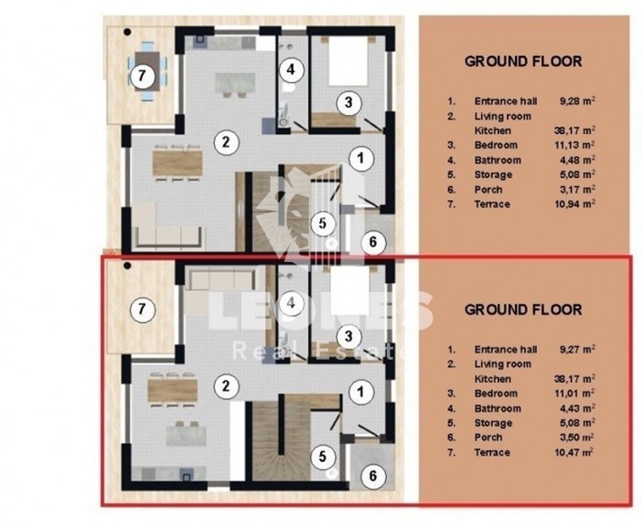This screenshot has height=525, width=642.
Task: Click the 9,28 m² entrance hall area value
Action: [x=577, y=101]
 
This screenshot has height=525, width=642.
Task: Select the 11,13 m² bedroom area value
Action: [x=575, y=145]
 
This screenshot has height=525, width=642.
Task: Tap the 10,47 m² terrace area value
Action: [x=574, y=452]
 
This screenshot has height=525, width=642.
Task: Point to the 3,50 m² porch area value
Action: [x=577, y=437]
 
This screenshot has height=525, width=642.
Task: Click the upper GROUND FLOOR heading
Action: [x=523, y=61]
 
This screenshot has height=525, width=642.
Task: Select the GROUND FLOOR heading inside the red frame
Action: [x=523, y=310]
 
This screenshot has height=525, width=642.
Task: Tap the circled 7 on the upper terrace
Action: [x=142, y=75]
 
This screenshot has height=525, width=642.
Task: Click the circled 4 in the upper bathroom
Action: [x=291, y=70]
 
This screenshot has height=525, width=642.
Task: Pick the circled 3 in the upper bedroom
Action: [x=349, y=103]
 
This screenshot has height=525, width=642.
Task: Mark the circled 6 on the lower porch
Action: [x=373, y=476]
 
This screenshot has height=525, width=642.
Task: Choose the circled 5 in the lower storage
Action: [x=323, y=457]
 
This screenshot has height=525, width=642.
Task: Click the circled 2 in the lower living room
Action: [x=226, y=387]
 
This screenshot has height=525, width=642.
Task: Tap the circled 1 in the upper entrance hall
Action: [x=361, y=158]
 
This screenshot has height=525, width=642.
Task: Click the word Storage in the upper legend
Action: [x=493, y=175]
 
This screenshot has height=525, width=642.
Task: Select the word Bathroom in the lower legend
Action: [x=498, y=408]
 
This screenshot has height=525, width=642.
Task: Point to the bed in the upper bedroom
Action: [x=348, y=61]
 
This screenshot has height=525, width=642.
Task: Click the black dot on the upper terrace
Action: [x=127, y=32]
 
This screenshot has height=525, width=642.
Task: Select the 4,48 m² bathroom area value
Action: [x=577, y=160]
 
